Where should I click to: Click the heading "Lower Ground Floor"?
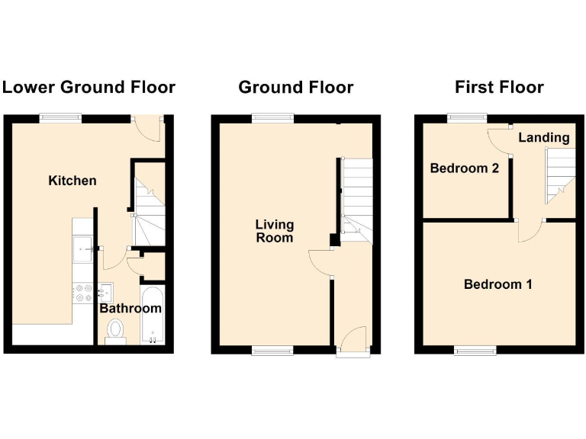tap(89, 87)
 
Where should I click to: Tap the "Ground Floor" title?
tap(296, 87)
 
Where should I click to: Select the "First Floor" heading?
tap(499, 87)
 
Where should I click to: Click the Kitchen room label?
tap(72, 181)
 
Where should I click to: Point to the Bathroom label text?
tap(130, 309)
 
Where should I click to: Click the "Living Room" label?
tap(274, 231)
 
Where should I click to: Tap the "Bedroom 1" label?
tap(498, 284)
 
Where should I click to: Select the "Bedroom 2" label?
tap(465, 168)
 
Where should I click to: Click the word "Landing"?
tap(544, 138)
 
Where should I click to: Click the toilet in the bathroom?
tap(116, 330)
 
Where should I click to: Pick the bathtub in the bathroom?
tap(151, 316)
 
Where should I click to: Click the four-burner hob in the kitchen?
tap(82, 292)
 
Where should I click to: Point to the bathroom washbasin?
tap(106, 290)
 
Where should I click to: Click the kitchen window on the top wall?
tap(61, 117)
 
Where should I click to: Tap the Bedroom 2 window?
tap(467, 117)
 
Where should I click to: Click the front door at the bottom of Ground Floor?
tap(353, 341)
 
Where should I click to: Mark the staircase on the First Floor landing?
tap(561, 175)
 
